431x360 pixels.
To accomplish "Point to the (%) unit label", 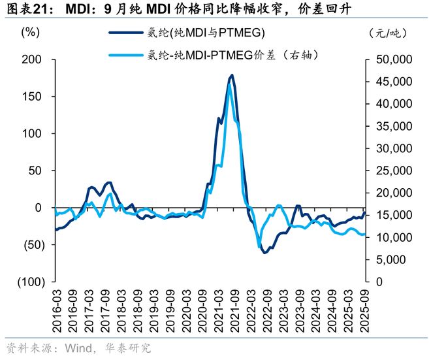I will [x=30, y=32].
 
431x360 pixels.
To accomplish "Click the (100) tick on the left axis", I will [x=28, y=282].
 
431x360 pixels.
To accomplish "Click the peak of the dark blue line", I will [x=232, y=76].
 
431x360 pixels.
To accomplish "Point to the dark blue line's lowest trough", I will [x=264, y=252].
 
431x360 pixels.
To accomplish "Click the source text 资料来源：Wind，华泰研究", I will [x=78, y=348].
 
